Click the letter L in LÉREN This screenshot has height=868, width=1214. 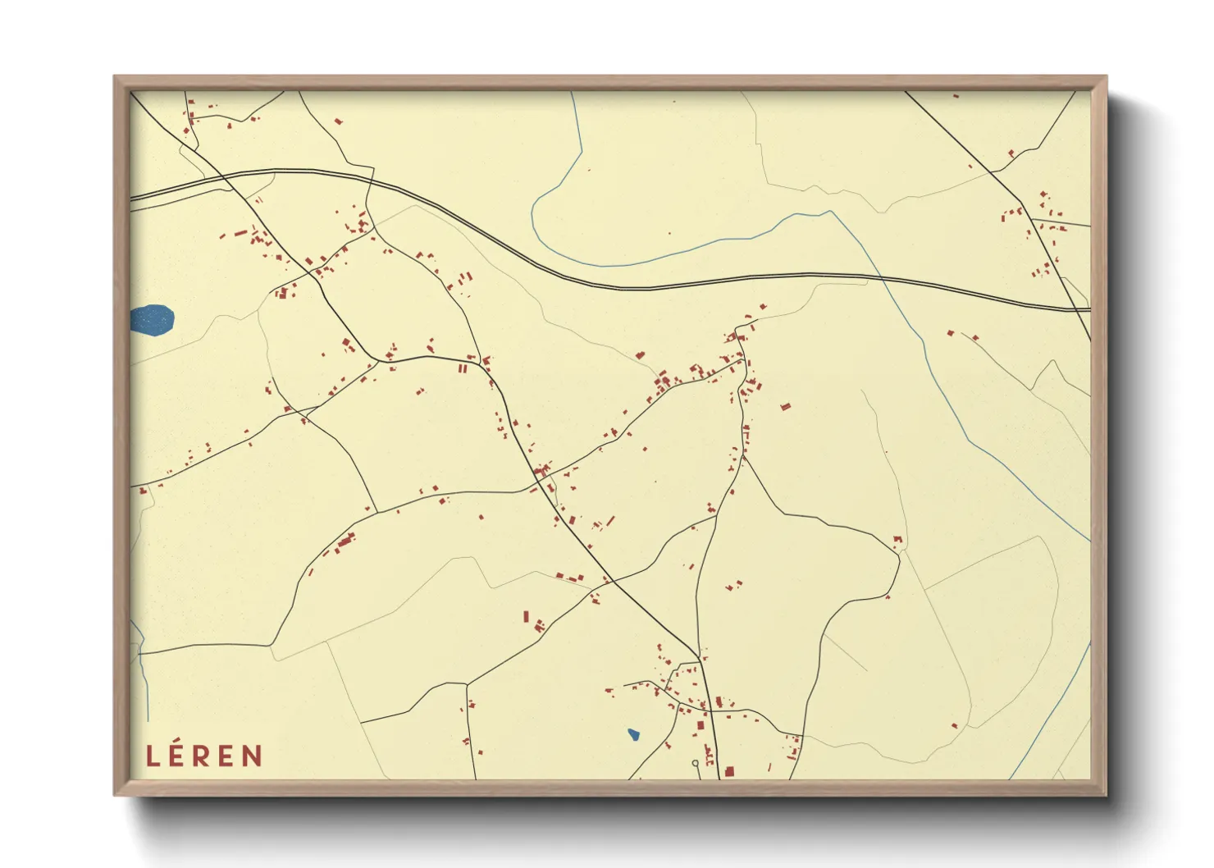(x=152, y=756)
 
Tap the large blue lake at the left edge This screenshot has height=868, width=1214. (x=153, y=319)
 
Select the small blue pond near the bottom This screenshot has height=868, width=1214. (x=633, y=734)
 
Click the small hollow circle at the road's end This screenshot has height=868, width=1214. (x=696, y=764)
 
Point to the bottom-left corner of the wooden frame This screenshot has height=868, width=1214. (x=116, y=793)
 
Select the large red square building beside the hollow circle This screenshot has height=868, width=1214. (x=728, y=771)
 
